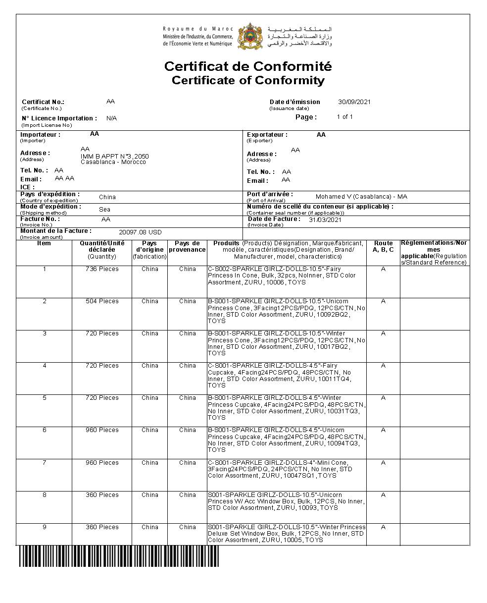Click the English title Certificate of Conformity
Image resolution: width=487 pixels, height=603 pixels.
[x=248, y=80]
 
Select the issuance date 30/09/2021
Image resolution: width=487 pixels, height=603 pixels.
[x=354, y=102]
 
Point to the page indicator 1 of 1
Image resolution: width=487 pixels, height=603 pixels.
[x=344, y=117]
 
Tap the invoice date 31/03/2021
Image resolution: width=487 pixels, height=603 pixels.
[x=325, y=219]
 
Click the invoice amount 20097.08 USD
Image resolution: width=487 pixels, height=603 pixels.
[x=140, y=232]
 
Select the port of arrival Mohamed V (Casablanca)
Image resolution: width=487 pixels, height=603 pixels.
[x=361, y=197]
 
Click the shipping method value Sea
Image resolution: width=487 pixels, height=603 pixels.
[x=104, y=209]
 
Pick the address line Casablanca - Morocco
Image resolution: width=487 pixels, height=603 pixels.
[x=113, y=162]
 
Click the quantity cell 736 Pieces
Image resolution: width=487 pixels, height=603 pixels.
[x=102, y=269]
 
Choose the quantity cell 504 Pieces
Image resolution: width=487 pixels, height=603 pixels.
[x=102, y=301]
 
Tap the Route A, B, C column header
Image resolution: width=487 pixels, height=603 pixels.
[x=384, y=247]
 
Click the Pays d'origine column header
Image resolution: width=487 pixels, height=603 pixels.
[x=149, y=250]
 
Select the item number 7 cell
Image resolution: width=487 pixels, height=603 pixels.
[x=44, y=463]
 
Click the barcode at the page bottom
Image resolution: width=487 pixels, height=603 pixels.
[x=119, y=556]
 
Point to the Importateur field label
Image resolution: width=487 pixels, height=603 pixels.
[x=41, y=135]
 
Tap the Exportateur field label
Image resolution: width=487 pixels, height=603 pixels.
[x=267, y=135]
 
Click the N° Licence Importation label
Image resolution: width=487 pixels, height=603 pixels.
[x=59, y=118]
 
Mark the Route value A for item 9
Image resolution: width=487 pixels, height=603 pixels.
[x=384, y=527]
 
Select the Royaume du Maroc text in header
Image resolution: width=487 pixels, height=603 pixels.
[x=198, y=29]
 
